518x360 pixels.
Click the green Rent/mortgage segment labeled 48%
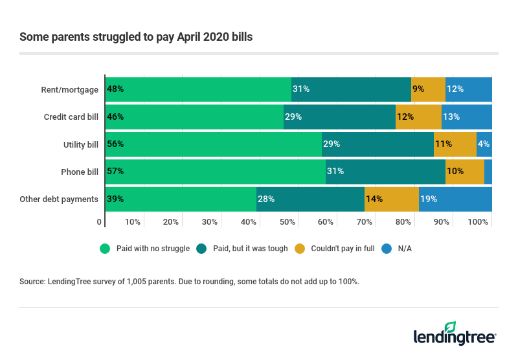coord(198,89)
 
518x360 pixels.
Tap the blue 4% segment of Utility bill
coord(484,144)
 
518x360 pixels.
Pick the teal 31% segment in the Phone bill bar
coord(385,172)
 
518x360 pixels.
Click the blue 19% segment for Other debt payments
coord(455,199)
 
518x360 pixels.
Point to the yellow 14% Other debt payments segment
coord(392,199)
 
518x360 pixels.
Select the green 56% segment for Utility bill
coord(214,144)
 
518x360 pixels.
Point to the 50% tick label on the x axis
coord(287,222)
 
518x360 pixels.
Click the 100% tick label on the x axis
coord(478,222)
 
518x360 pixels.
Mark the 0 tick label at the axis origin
coord(100,222)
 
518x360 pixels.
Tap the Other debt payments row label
coord(59,199)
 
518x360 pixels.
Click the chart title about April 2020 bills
coord(136,37)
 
